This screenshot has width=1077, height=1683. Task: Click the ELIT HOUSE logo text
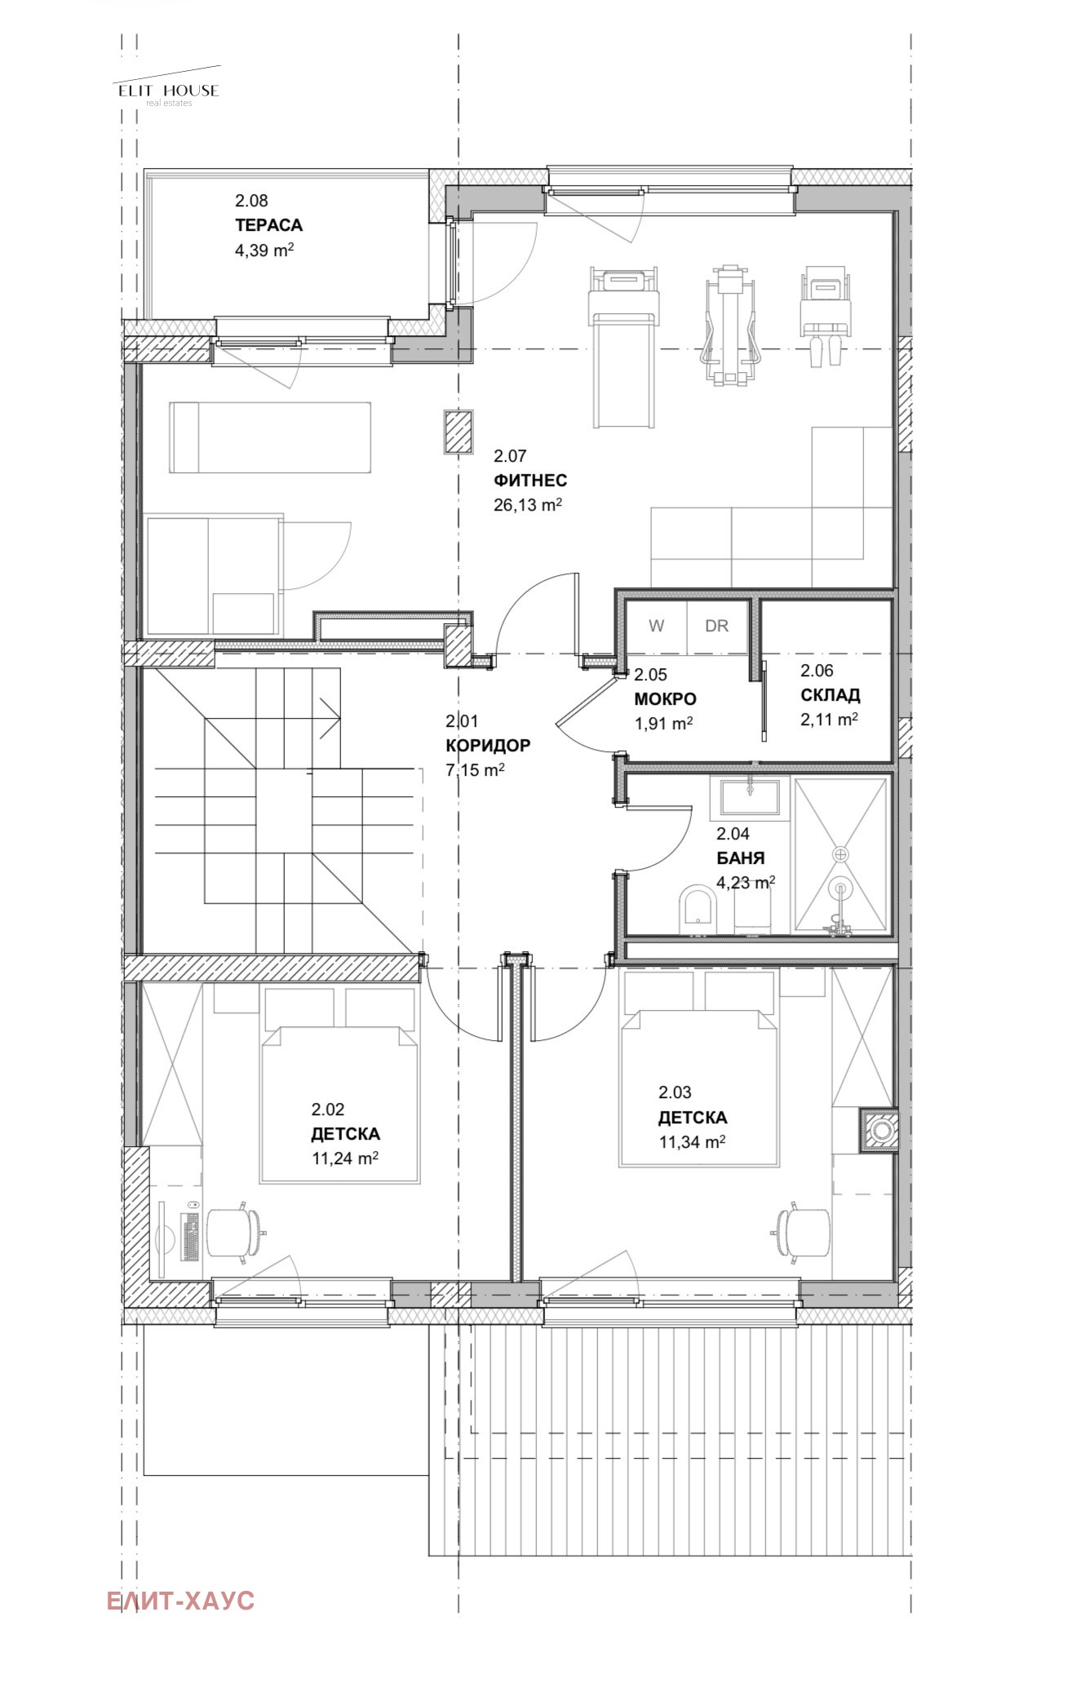pos(169,91)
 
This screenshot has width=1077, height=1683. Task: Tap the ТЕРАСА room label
pos(268,225)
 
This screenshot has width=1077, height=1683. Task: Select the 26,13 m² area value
pos(527,504)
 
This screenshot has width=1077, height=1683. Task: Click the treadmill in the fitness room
pos(623,348)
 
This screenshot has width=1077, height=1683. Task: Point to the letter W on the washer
pos(656,626)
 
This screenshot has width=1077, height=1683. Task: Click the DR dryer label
pos(716,626)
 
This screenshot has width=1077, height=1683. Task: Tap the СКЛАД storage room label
pos(830,695)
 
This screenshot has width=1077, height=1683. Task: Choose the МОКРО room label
pos(665,699)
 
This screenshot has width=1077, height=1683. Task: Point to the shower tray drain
pos(840,854)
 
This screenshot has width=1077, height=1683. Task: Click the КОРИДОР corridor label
pos(488,745)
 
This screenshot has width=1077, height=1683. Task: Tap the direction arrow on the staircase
pos(330,718)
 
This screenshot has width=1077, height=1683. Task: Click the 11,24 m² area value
pos(344,1158)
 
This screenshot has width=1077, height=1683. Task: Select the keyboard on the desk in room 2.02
pos(192,1237)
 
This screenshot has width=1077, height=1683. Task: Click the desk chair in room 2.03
pos(802,1233)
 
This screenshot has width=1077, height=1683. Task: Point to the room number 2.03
pos(675,1092)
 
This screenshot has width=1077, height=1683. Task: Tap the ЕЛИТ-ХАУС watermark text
pos(180,1601)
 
